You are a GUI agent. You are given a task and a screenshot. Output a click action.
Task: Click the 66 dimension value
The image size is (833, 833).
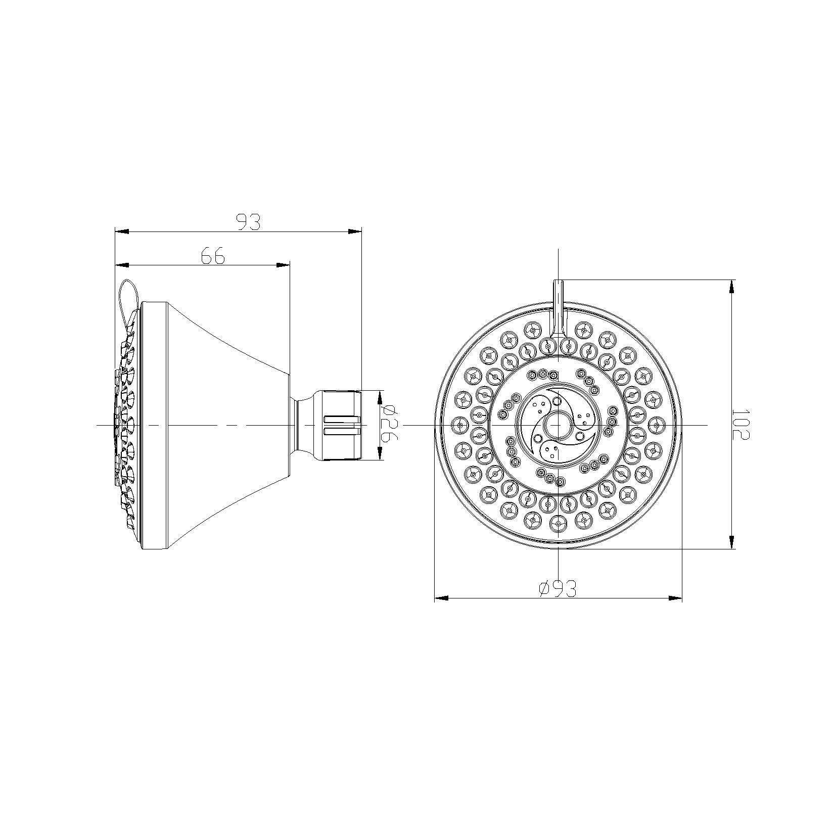tap(213, 256)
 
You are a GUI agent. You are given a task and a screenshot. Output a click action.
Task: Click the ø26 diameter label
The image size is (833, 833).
tap(389, 425)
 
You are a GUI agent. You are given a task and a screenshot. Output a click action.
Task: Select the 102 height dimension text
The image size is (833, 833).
tap(741, 425)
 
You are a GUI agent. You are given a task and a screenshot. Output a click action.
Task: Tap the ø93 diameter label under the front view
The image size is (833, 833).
tap(558, 589)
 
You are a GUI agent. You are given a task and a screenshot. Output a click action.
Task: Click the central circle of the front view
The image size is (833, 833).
tap(558, 425)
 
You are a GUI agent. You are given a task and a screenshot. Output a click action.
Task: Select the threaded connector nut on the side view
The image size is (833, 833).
tap(338, 425)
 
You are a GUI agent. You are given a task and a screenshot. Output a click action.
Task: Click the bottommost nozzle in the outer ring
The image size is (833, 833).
tap(558, 525)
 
